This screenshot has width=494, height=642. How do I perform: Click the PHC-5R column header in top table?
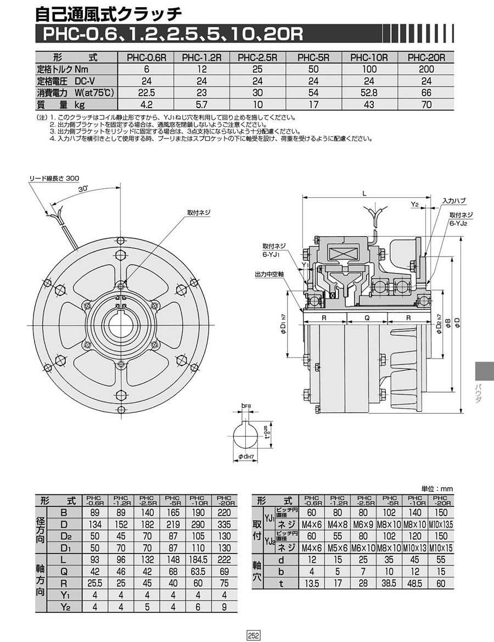(x=312, y=57)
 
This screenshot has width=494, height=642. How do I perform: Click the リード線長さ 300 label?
(x=54, y=178)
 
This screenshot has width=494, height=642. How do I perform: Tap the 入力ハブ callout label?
(x=454, y=202)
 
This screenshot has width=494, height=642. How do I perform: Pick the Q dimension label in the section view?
(x=367, y=318)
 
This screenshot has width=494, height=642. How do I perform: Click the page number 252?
(x=253, y=635)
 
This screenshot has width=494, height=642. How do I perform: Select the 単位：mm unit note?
(x=437, y=488)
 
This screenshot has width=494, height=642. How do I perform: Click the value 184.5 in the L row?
(x=199, y=559)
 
